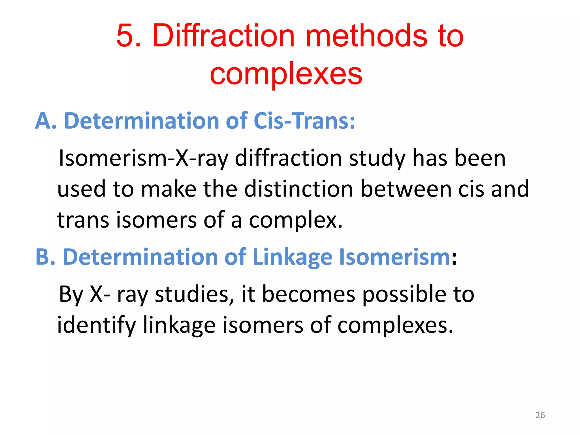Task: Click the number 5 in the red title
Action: coord(125,36)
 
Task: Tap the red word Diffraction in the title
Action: coord(224,36)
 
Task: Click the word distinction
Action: coord(299,189)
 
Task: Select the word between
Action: coord(406,189)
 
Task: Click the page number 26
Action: coord(540,415)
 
